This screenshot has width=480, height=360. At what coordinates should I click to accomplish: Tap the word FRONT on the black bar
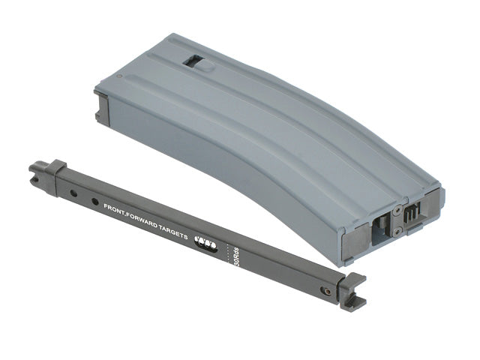coord(112,208)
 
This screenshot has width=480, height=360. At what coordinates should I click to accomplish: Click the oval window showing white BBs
coord(206,244)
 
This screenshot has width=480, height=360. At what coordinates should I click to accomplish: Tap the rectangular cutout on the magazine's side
coord(192,60)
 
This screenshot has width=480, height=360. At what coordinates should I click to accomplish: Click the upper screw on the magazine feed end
coord(397,210)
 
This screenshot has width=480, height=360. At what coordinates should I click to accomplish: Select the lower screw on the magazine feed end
coord(398,232)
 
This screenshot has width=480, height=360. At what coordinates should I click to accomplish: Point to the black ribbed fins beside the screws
coord(411,215)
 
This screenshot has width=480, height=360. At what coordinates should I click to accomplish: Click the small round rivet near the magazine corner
coord(119,76)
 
